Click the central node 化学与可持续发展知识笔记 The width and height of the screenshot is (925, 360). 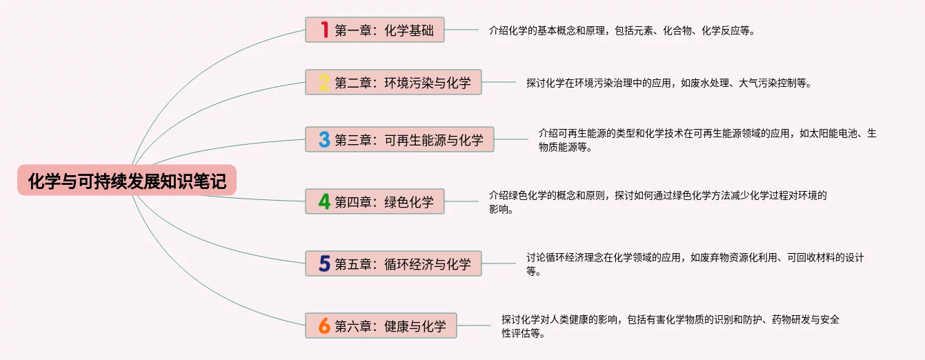tap(127, 181)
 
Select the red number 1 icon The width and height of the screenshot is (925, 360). tap(324, 30)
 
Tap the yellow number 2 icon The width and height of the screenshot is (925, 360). tap(324, 83)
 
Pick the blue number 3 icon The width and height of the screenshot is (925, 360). tap(324, 139)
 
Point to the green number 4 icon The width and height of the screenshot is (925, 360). tap(324, 201)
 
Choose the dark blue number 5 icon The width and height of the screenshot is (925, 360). tap(324, 263)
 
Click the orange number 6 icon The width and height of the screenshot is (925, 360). tap(324, 326)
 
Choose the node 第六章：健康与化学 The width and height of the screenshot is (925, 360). tap(390, 326)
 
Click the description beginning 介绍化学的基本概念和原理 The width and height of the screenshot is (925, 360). tap(621, 30)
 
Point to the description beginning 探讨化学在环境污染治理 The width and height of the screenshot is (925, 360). tap(668, 83)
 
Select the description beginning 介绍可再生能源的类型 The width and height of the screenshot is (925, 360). tap(707, 139)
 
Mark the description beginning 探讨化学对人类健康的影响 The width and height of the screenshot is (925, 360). tap(670, 326)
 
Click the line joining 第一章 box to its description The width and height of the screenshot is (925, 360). tap(461, 30)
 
